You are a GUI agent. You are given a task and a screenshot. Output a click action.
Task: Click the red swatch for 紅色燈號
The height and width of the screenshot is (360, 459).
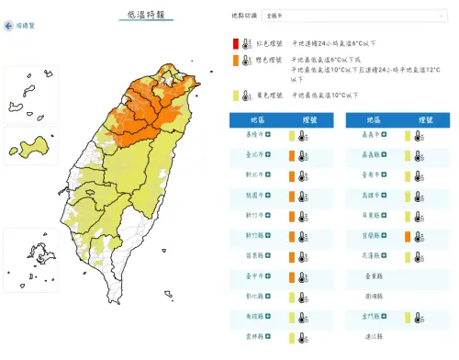tap(236, 42)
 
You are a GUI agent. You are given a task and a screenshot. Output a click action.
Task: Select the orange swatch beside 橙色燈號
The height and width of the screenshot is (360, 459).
tap(236, 61)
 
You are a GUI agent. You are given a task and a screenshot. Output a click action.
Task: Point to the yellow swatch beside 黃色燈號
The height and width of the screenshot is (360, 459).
tap(236, 93)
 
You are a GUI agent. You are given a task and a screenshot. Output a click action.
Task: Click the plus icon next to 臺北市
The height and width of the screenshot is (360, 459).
tap(268, 155)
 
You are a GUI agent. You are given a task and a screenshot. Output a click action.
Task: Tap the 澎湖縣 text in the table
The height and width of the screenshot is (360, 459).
tap(373, 297)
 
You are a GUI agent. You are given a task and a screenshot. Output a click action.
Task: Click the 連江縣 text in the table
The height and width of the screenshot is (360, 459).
tap(373, 337)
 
